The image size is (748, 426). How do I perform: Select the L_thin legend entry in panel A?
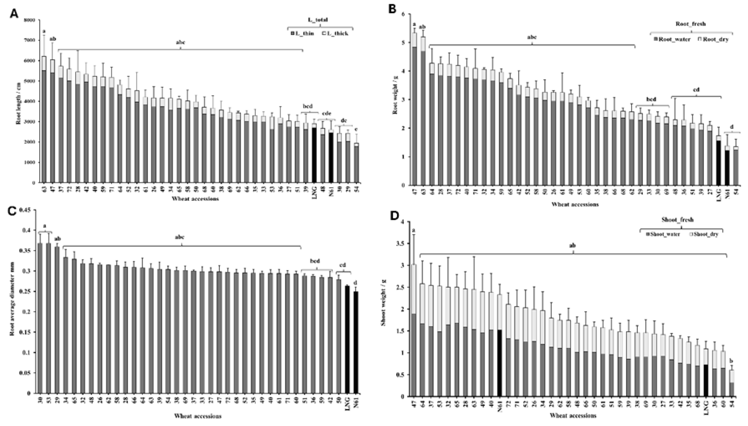(x=302, y=33)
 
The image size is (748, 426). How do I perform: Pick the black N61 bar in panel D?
(x=500, y=363)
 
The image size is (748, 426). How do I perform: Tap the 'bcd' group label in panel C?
(x=315, y=261)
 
